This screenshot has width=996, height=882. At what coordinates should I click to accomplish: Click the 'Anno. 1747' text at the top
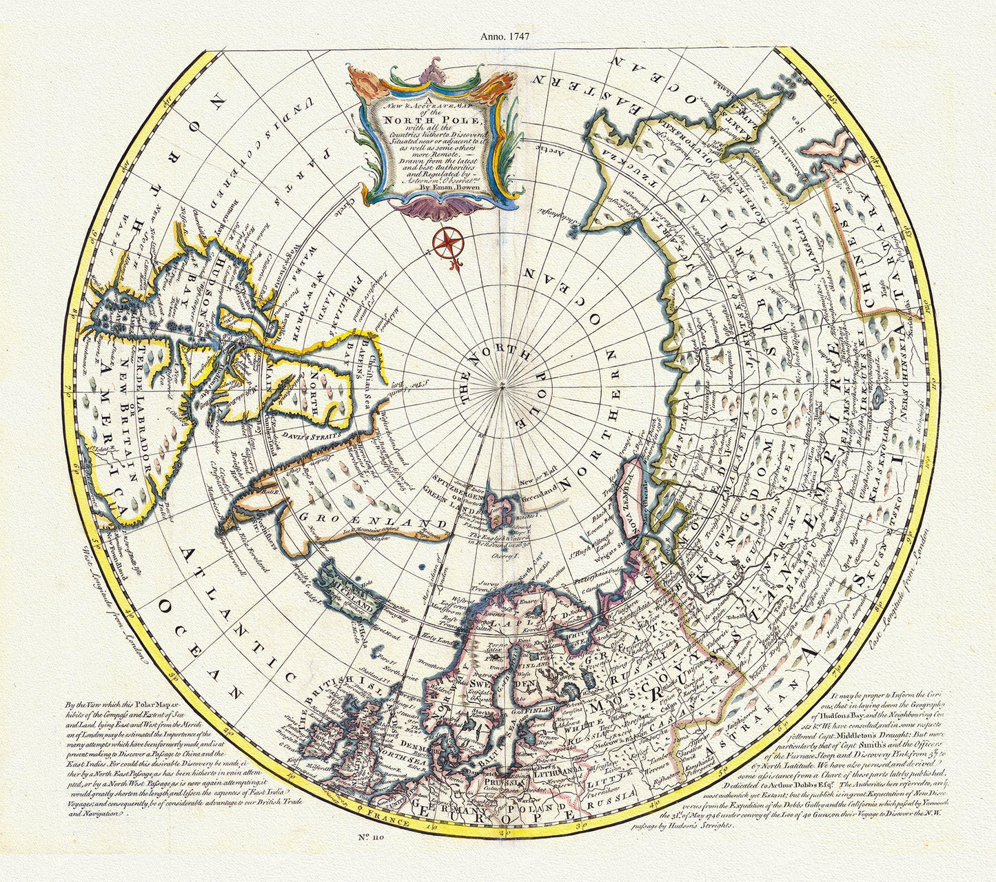point(509,38)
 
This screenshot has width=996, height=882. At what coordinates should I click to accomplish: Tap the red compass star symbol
point(449,241)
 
